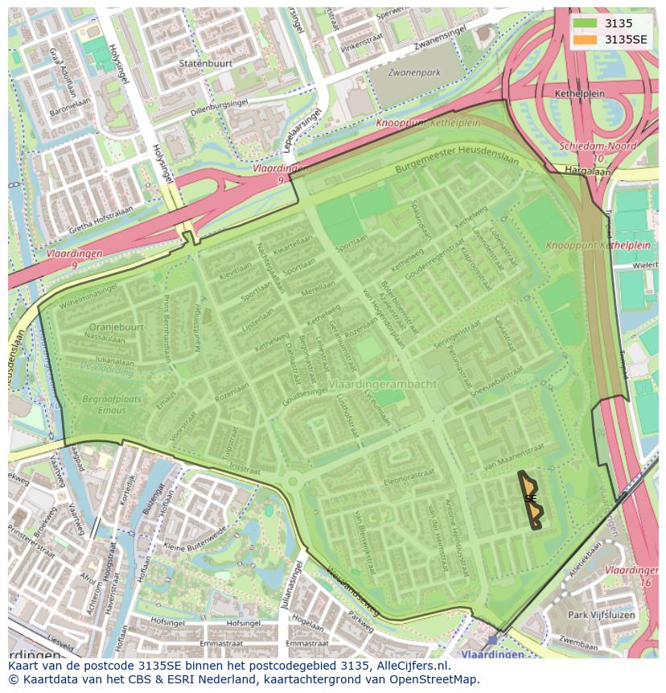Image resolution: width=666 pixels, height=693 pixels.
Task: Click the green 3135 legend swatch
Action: [x=585, y=24]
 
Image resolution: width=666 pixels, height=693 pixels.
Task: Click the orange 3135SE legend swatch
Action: [x=585, y=39]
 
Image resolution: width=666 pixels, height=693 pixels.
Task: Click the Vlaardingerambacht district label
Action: [x=382, y=384]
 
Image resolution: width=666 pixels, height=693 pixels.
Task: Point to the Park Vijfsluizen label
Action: [x=602, y=615]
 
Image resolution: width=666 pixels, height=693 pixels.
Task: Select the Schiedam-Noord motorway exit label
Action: [x=597, y=147]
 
